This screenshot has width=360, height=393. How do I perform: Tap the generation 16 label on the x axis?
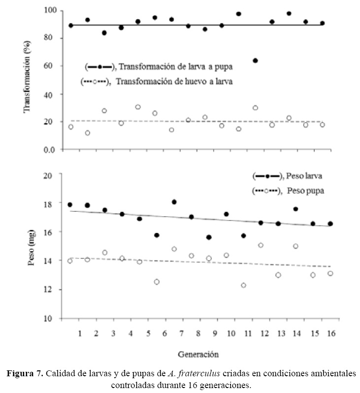330,334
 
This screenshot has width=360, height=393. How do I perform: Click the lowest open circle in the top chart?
87,133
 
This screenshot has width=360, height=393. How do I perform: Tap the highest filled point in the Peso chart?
174,202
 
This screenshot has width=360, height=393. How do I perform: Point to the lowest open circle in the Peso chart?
243,285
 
